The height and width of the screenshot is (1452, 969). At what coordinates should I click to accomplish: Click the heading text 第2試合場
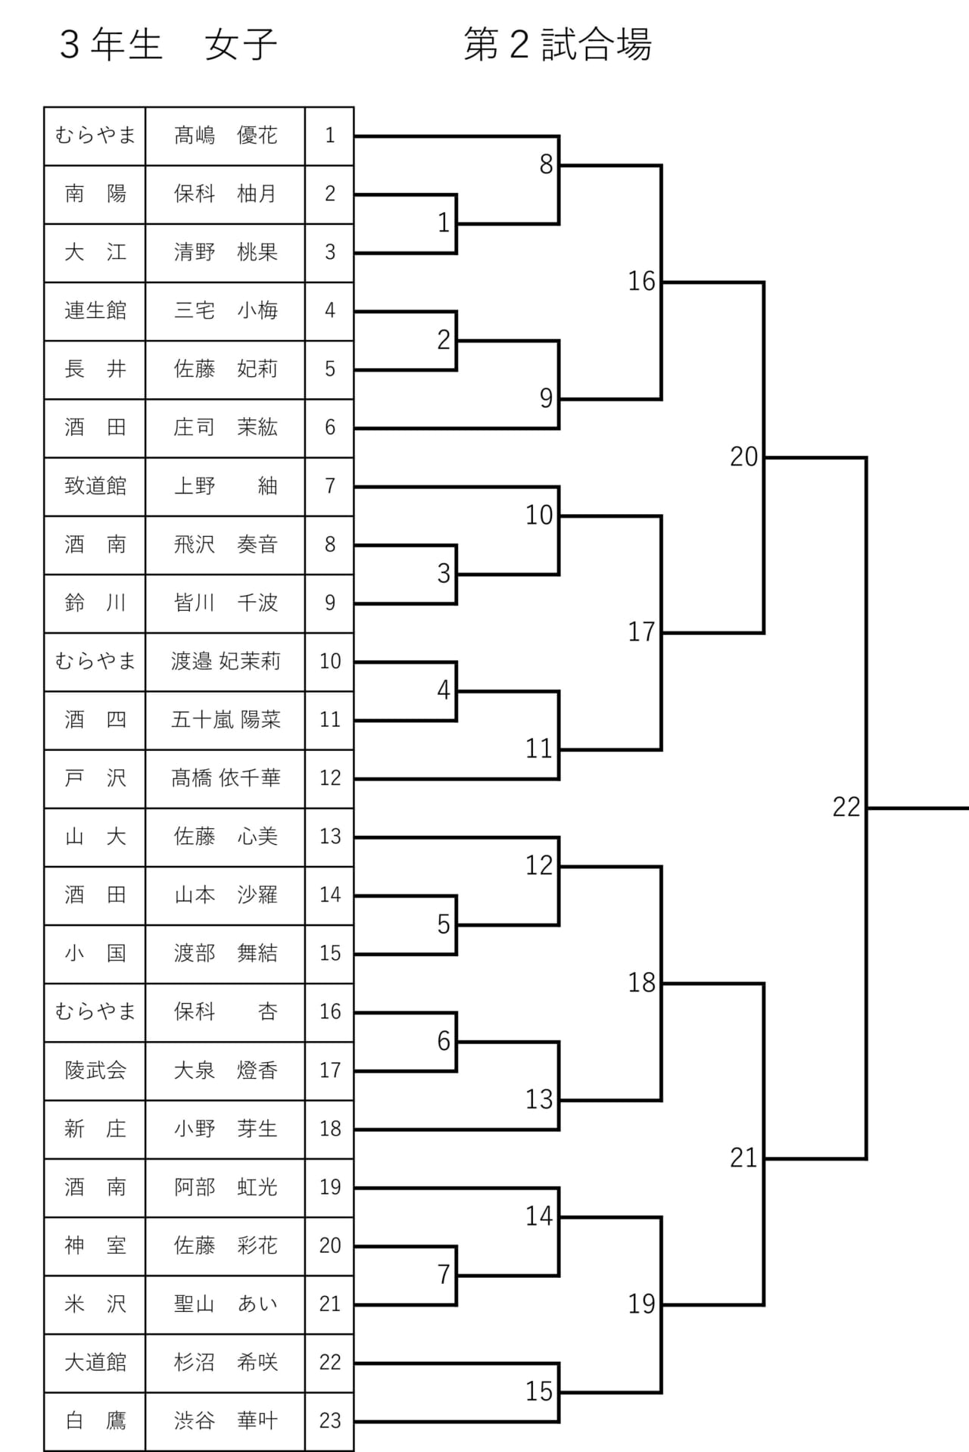558,45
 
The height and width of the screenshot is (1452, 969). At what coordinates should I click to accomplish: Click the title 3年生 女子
168,45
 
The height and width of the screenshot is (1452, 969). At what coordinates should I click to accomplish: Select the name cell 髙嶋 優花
226,136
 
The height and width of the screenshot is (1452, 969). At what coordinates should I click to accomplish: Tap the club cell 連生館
95,310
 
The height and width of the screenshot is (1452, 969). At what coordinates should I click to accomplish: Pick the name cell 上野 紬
226,486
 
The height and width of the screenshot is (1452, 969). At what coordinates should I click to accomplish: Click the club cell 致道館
95,486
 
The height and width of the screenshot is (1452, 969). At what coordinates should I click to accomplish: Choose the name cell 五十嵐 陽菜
226,719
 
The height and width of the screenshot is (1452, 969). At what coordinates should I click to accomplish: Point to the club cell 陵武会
95,1070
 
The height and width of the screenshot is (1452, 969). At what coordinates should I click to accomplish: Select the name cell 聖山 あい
226,1304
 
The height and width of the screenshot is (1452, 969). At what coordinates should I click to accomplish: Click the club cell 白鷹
95,1420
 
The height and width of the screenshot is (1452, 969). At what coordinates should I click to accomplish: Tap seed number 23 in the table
330,1420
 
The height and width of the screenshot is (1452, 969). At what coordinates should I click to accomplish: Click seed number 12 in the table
330,777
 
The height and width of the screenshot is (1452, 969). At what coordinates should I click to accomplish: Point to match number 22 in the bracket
846,807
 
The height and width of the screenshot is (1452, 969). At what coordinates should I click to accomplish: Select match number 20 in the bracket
743,456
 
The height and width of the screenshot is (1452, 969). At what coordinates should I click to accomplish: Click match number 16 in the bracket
641,282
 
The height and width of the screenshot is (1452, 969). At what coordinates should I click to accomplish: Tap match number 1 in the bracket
444,223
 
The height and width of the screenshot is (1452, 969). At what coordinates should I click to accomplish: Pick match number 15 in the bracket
539,1391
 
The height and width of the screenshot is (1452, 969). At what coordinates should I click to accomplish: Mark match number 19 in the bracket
641,1304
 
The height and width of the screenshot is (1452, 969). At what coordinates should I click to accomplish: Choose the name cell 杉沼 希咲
226,1362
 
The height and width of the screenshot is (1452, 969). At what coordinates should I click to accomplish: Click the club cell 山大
95,837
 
